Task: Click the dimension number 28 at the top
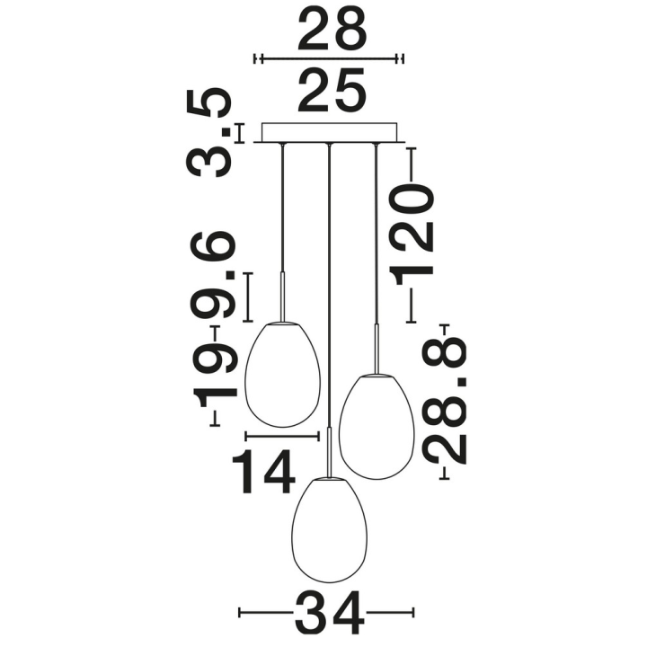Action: pos(332,29)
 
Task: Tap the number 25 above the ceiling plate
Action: pos(332,90)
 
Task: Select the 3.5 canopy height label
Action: pos(208,133)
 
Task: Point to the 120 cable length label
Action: pos(413,235)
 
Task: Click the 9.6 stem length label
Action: pos(213,275)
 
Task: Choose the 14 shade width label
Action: pos(264,471)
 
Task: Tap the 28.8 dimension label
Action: pos(445,400)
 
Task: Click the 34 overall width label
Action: pos(330,612)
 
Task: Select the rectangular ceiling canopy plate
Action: pos(330,133)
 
